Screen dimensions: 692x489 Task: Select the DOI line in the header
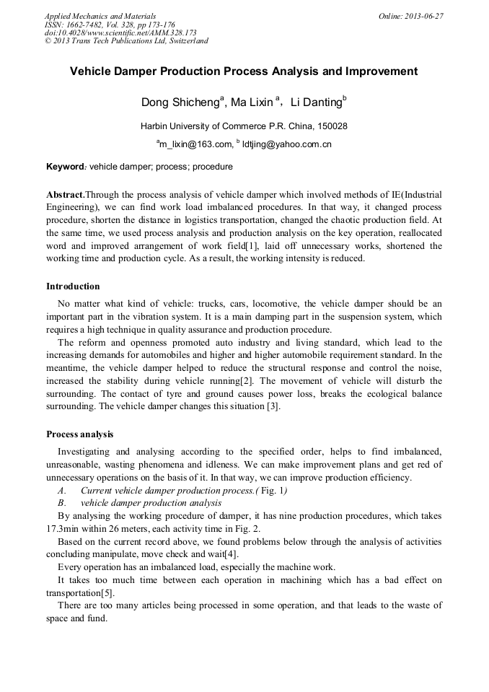(120, 32)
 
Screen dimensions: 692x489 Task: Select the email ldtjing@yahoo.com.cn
(286, 144)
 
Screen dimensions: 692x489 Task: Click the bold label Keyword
(65, 167)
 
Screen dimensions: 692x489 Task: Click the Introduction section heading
(73, 286)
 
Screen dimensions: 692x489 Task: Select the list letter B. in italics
(63, 503)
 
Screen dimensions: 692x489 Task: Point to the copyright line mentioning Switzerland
(126, 41)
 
